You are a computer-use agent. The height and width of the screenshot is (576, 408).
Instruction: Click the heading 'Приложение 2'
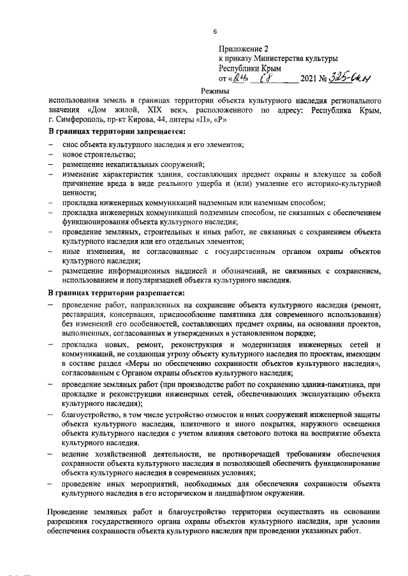point(244,48)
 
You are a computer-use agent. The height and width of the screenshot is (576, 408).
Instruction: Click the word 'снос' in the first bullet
point(70,144)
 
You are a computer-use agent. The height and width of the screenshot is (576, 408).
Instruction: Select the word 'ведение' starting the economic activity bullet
point(79,455)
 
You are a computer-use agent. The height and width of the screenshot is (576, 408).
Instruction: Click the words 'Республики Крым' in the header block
point(250,69)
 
